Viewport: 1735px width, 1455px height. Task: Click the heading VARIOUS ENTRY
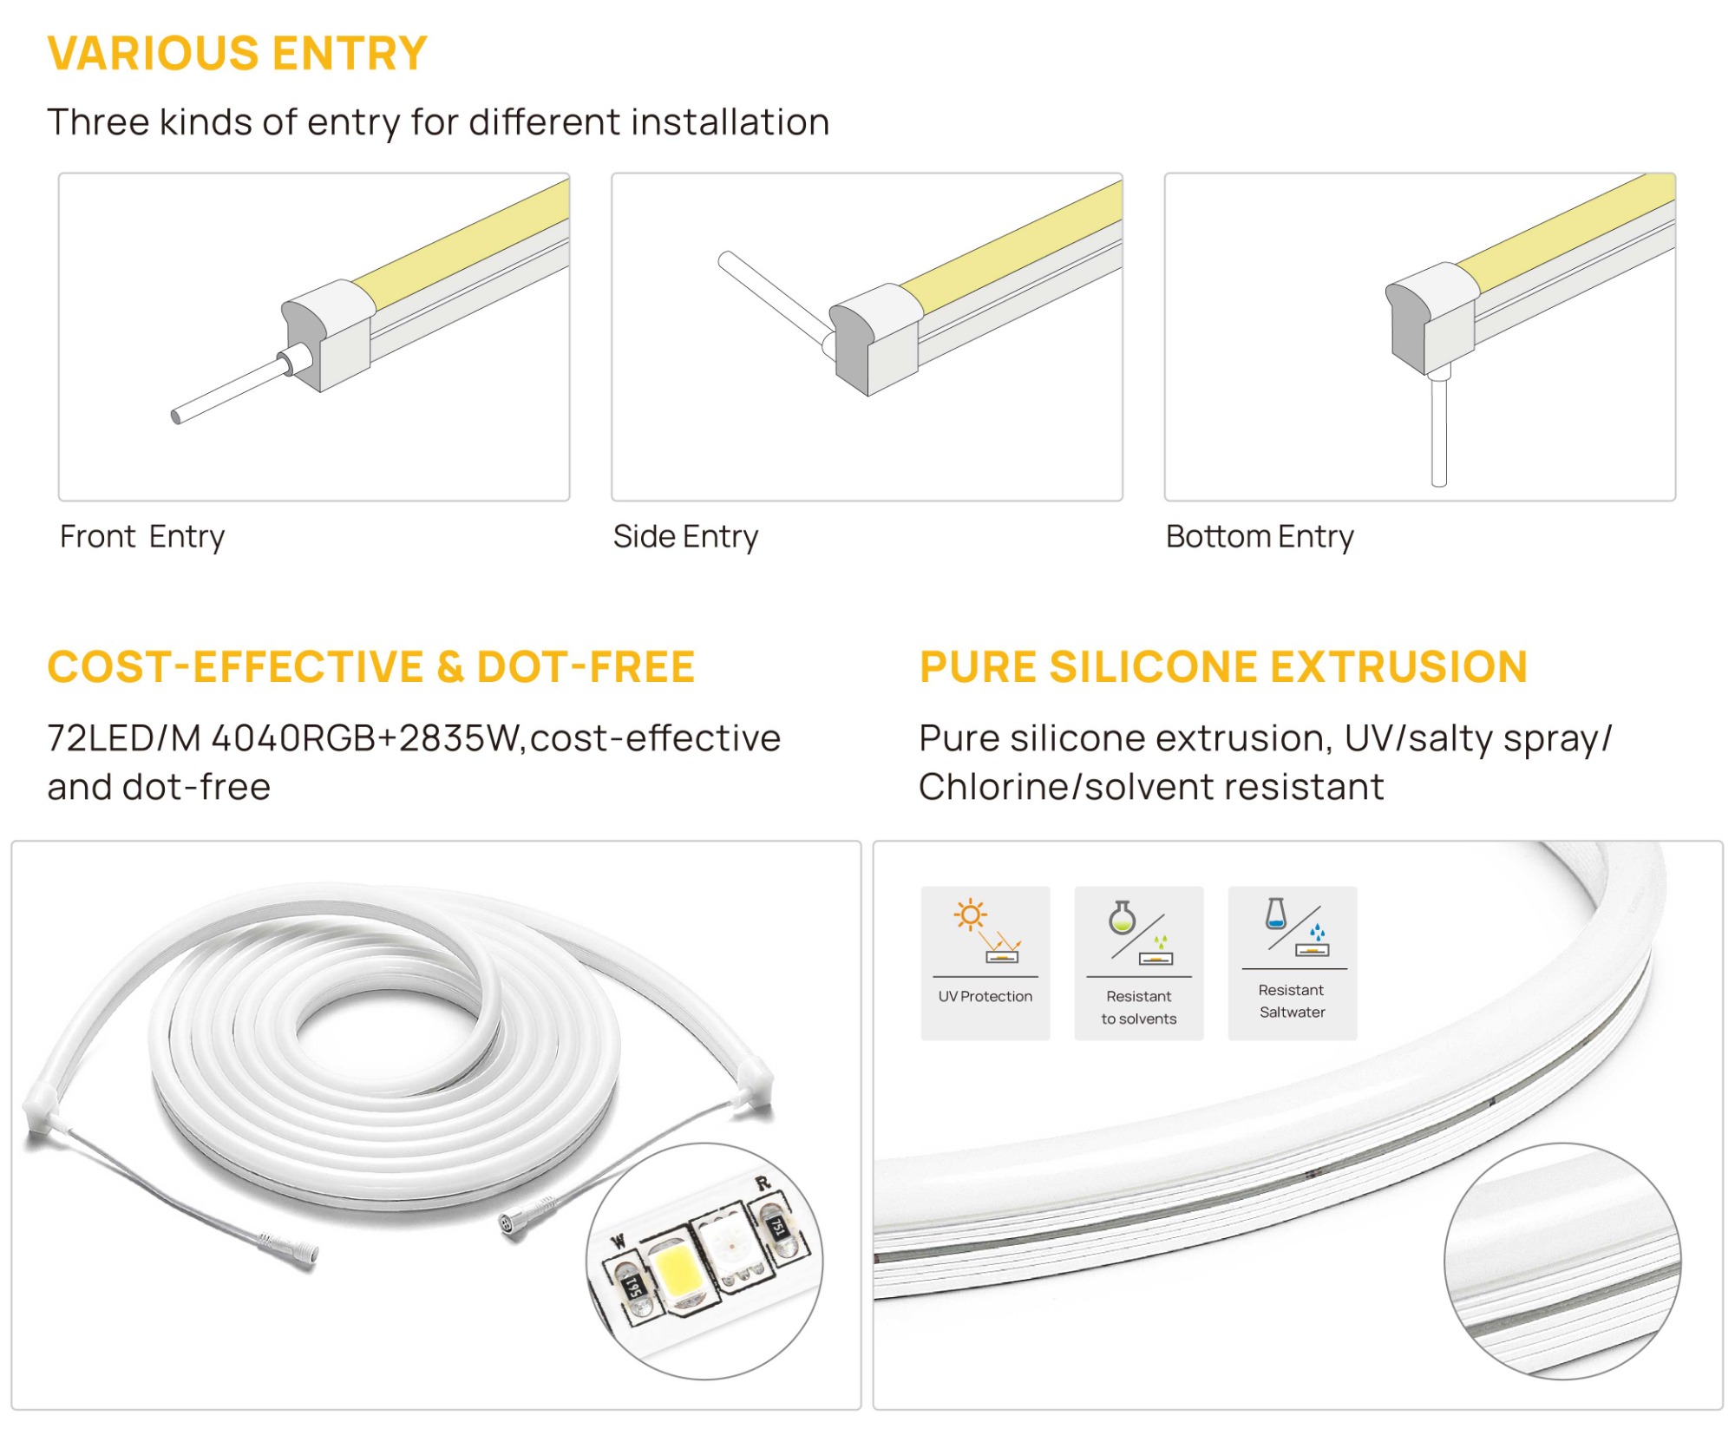pyautogui.click(x=237, y=53)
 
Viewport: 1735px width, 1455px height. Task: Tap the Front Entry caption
pyautogui.click(x=142, y=537)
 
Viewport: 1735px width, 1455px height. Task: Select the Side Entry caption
pyautogui.click(x=685, y=537)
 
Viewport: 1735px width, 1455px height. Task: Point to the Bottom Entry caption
pyautogui.click(x=1260, y=537)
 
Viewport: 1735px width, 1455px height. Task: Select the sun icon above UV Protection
pyautogui.click(x=970, y=914)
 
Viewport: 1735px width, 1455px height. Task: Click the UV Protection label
pyautogui.click(x=985, y=996)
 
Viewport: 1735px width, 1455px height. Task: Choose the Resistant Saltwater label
pyautogui.click(x=1292, y=1000)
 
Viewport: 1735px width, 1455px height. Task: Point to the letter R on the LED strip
pyautogui.click(x=763, y=1183)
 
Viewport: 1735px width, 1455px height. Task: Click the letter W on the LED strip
pyautogui.click(x=619, y=1242)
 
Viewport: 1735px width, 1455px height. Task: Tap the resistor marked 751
pyautogui.click(x=777, y=1226)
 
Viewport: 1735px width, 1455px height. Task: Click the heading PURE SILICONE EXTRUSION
pyautogui.click(x=1223, y=666)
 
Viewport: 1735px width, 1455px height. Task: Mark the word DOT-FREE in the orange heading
pyautogui.click(x=586, y=666)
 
